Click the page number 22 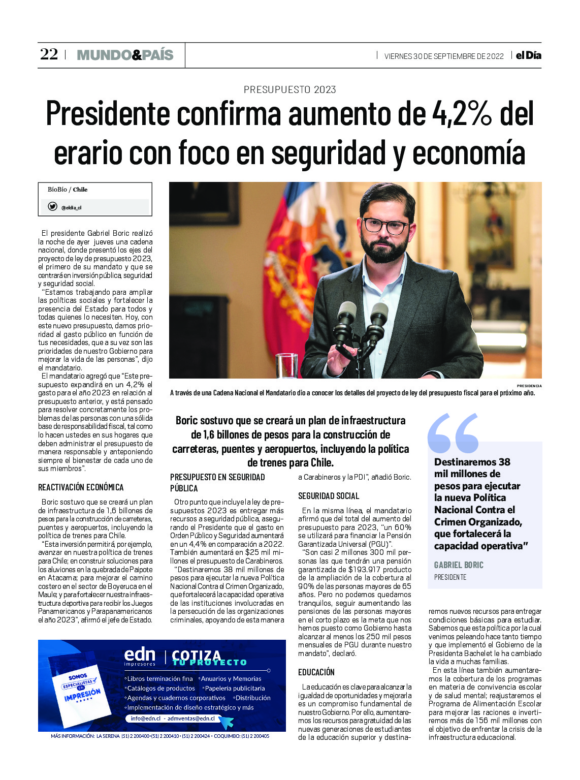49,54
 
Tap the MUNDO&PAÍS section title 125,55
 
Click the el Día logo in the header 528,55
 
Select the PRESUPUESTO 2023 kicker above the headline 289,90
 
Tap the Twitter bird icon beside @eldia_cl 52,206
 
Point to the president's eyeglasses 386,225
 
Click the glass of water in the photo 286,365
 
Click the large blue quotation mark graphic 453,433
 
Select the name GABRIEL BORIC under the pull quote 459,565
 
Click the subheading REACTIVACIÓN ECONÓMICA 81,487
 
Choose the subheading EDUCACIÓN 316,672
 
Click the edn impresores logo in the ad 140,657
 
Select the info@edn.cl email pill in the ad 173,719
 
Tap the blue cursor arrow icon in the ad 225,722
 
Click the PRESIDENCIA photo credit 529,386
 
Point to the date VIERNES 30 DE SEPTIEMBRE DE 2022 444,56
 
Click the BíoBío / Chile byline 68,190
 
